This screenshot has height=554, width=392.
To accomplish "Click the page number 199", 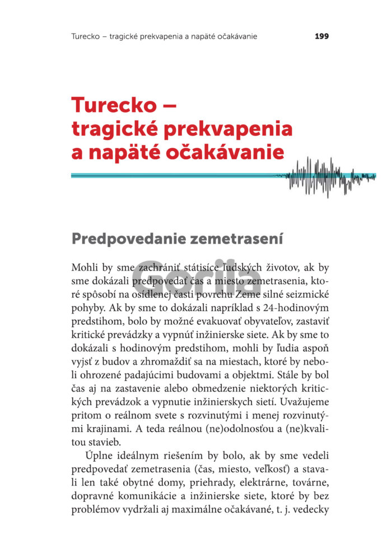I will (321, 36).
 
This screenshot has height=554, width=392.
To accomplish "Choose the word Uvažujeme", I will (299, 402).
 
